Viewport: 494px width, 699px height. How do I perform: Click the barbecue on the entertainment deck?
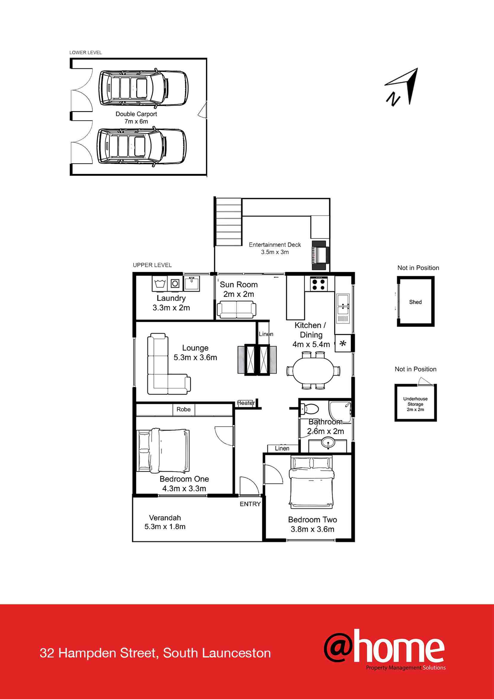320,255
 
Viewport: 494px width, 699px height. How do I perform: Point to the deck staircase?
228,222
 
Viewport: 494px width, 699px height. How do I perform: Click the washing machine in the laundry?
175,284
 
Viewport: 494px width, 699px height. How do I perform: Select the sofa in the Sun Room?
236,310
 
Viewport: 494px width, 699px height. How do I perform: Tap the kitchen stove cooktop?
319,284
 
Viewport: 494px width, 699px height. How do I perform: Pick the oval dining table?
313,371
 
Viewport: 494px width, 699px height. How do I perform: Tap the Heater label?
246,403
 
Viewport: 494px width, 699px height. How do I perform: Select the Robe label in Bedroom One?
183,409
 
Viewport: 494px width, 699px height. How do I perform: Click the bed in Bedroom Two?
311,483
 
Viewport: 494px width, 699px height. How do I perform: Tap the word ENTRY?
250,504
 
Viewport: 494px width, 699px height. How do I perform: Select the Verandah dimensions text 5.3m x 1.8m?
165,526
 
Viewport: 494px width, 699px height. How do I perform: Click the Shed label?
415,302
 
